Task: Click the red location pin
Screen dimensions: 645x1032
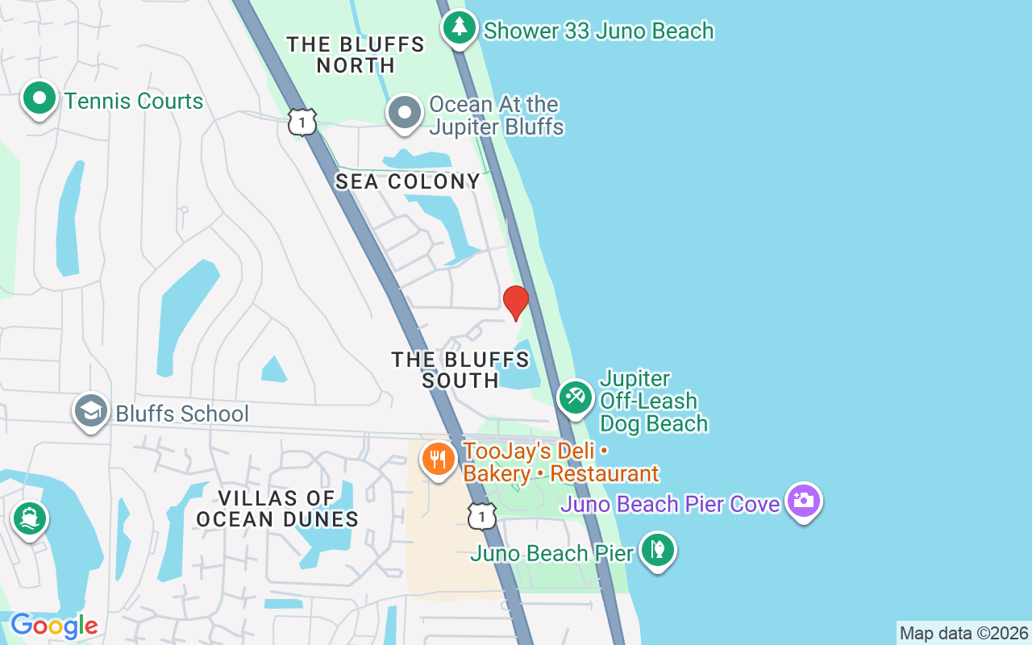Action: point(515,302)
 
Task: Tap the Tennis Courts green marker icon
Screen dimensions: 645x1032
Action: point(39,99)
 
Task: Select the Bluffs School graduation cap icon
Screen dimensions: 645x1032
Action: point(91,411)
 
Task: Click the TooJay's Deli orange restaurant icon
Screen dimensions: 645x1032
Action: point(439,460)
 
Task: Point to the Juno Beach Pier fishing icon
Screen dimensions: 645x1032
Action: point(658,551)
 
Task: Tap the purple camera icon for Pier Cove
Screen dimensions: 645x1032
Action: point(803,501)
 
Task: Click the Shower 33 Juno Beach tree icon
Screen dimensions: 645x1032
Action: point(459,28)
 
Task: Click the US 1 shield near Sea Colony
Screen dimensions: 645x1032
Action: point(302,122)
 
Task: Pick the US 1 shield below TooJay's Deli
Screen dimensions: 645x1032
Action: point(482,516)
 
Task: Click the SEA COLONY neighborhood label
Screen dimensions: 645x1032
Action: point(408,182)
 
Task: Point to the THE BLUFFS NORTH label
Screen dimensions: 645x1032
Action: point(356,55)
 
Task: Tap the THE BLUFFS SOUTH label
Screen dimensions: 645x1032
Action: point(460,370)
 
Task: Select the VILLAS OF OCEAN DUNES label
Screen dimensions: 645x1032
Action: point(277,509)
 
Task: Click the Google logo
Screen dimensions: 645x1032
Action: point(54,626)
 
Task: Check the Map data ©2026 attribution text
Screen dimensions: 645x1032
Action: point(963,633)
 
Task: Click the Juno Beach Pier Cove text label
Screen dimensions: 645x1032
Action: point(670,505)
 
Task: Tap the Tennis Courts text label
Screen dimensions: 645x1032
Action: point(134,102)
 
